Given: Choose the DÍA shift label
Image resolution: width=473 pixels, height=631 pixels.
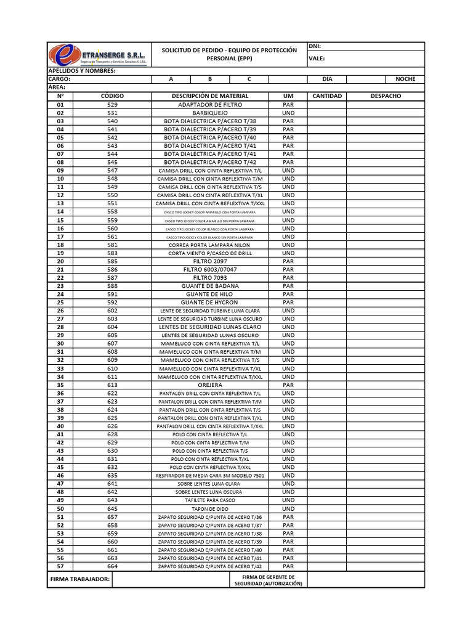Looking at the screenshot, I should [327, 79].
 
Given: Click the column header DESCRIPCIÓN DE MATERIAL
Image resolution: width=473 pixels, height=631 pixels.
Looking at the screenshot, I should [210, 96].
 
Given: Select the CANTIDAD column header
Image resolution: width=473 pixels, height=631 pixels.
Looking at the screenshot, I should [327, 96].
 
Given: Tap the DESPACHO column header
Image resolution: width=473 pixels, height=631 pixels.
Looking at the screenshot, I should [386, 96].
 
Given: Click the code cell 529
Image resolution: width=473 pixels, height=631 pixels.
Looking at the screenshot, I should [112, 105].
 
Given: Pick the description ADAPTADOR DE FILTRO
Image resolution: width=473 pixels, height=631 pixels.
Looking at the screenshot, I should [210, 105].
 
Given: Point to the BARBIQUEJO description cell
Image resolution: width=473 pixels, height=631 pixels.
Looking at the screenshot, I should [210, 113].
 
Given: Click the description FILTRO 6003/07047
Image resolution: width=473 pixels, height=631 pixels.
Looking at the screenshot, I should [210, 270].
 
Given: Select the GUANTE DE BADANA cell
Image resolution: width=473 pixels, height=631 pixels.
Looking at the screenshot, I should [210, 286].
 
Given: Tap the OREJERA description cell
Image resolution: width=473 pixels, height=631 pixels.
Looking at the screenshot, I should [210, 385].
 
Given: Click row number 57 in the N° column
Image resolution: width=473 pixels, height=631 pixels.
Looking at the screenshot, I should [60, 566].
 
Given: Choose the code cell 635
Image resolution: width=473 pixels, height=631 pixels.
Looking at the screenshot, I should [112, 476].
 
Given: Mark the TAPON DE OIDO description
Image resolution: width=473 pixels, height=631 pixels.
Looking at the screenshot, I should [210, 509].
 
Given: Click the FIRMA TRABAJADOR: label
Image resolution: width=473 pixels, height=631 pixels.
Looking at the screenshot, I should [80, 579].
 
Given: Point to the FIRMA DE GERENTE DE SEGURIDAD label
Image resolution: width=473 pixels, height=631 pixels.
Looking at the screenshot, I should [269, 580].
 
